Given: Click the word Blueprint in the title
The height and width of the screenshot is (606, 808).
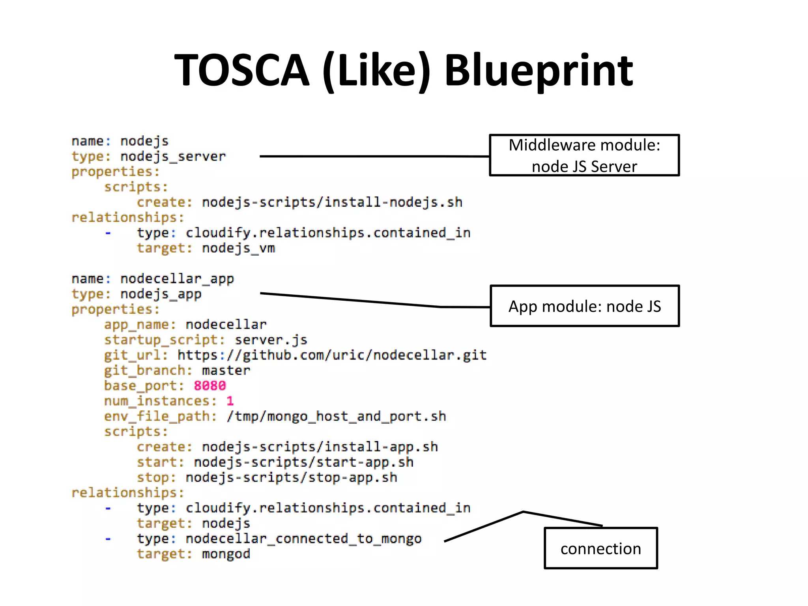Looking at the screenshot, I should (538, 71).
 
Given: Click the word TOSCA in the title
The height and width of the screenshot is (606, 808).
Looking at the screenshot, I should (241, 71).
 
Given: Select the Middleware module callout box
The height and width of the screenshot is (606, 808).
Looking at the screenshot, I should (584, 155).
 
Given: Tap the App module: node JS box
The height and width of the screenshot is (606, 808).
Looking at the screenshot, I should (584, 306).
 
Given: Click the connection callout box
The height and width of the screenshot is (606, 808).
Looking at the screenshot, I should (600, 548).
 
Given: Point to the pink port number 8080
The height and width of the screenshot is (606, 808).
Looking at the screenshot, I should (209, 385).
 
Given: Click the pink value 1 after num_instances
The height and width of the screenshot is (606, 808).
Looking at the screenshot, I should (230, 401).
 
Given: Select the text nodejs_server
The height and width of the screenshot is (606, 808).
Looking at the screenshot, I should (173, 157).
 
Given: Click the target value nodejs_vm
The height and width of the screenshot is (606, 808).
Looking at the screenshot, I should (238, 248).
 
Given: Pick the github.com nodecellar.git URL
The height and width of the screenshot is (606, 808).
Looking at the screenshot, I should (332, 355).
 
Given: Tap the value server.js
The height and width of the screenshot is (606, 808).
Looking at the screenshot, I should (271, 340).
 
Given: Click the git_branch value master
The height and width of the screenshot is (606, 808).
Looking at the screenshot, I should (226, 370).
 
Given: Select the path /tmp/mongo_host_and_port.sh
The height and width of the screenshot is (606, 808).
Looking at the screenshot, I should (336, 416).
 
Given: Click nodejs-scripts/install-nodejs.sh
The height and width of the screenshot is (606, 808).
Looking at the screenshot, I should (332, 202).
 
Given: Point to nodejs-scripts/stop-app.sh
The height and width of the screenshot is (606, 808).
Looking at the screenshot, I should (291, 477).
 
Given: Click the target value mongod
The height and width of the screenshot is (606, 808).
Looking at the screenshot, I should (226, 554).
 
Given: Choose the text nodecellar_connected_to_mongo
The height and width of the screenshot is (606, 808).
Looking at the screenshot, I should (303, 539).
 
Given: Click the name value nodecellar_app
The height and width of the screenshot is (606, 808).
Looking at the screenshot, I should (177, 279).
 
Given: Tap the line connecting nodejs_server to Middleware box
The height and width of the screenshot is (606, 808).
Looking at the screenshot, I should (375, 157).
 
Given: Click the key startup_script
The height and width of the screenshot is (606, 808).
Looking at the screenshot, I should (161, 340).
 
